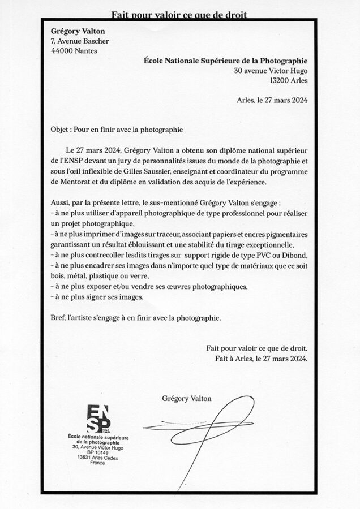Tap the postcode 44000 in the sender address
click(62, 50)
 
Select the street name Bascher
click(95, 41)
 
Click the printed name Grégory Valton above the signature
click(187, 399)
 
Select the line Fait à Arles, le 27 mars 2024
click(261, 359)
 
